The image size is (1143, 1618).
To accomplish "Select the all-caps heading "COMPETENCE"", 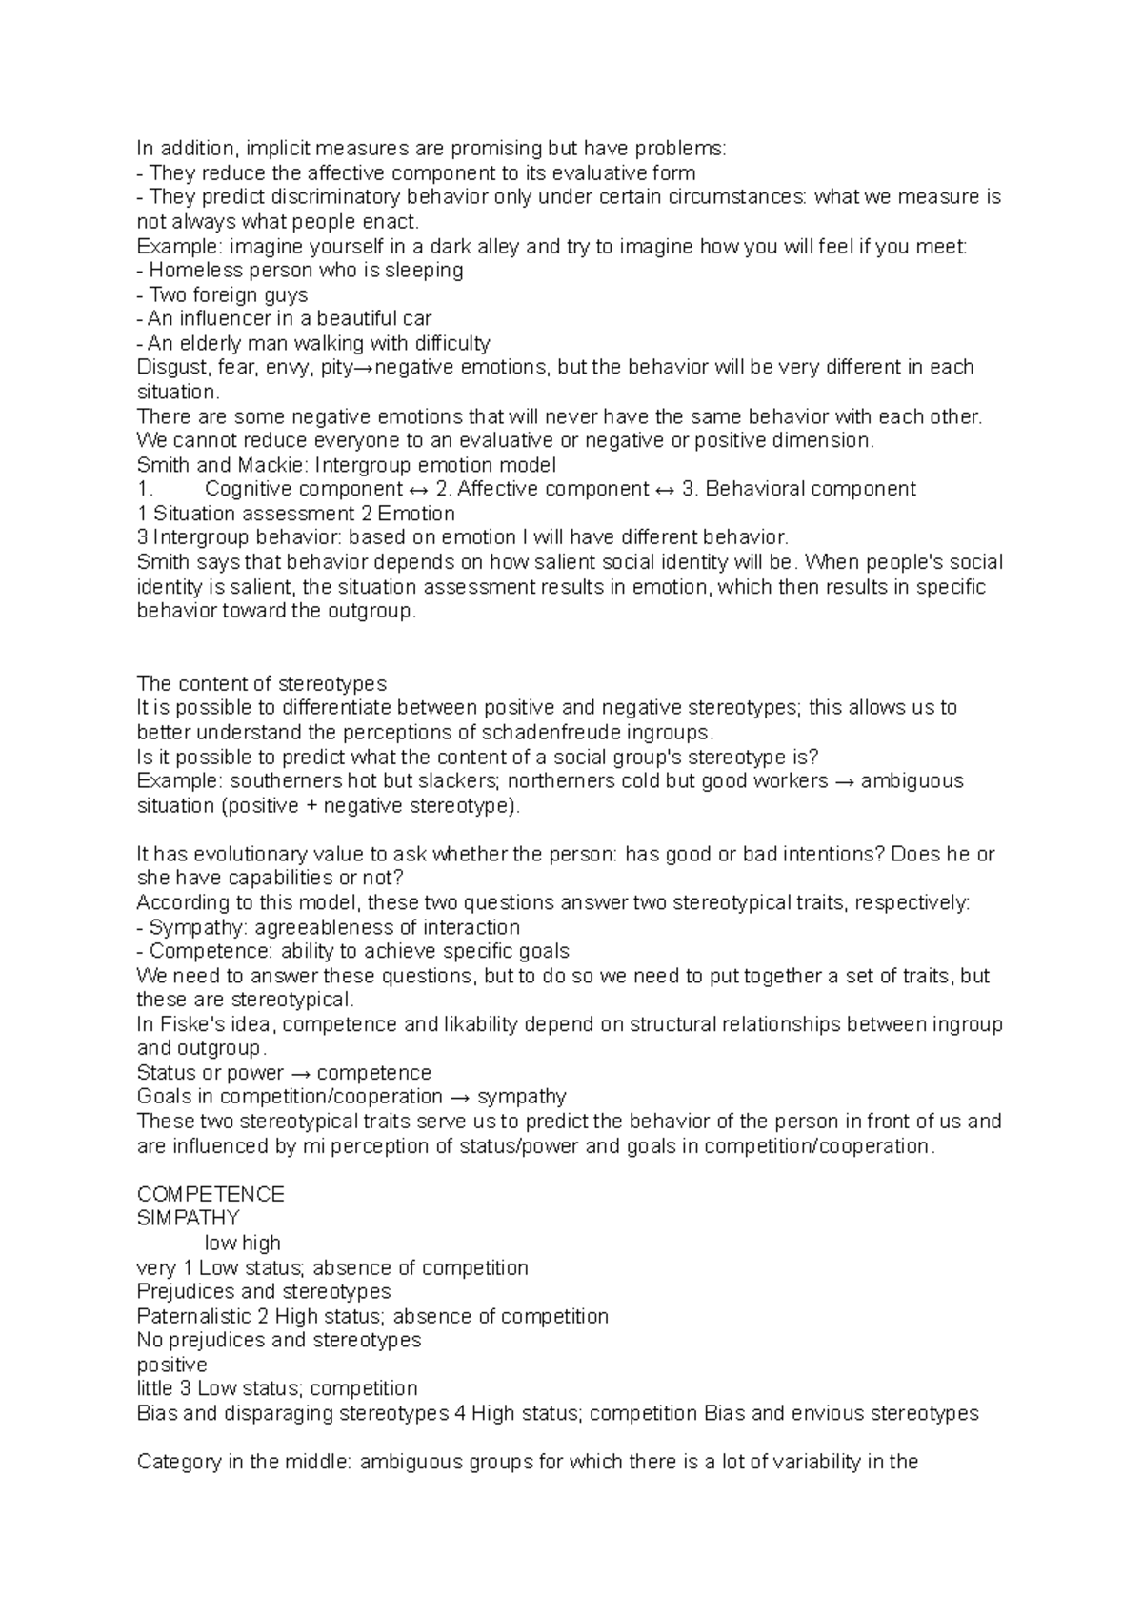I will (x=211, y=1195).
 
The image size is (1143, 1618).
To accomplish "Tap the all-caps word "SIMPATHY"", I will (x=189, y=1219).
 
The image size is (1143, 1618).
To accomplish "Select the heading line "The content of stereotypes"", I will (x=262, y=684).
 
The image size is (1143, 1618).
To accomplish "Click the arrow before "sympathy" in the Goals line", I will (x=460, y=1098).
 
